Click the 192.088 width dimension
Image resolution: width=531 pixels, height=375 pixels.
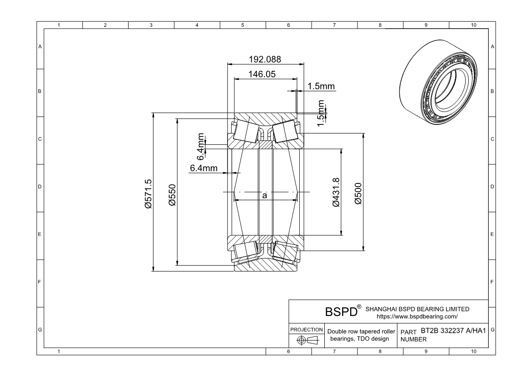[265, 59]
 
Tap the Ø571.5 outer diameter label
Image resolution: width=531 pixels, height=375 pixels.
[148, 193]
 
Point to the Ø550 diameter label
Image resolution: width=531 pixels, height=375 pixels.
[172, 193]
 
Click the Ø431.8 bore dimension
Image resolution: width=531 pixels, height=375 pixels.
[337, 193]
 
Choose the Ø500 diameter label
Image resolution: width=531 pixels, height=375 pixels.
[358, 193]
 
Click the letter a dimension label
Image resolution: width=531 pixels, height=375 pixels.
[264, 195]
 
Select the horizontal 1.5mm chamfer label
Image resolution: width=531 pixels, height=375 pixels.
[321, 86]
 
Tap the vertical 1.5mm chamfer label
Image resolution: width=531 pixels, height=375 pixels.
[321, 113]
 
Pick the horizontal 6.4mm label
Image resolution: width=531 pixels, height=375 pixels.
[203, 168]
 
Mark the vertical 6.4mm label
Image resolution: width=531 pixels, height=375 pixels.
[201, 147]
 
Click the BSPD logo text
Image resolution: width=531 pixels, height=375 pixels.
[341, 312]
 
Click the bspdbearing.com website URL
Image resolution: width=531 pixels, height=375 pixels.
[417, 316]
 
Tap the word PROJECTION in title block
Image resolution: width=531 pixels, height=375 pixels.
[307, 330]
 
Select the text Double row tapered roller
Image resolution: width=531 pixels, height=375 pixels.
[362, 331]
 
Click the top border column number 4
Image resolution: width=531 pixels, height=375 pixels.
[197, 25]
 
